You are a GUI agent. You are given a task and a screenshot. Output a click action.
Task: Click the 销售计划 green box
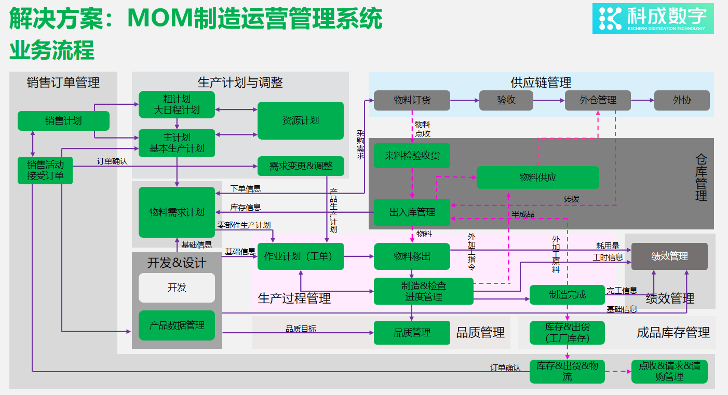click(63, 121)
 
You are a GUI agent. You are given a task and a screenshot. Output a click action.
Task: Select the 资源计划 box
click(301, 120)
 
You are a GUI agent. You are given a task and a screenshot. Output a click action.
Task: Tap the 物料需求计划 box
click(177, 212)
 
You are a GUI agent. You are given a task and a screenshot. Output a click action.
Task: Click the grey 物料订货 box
click(412, 100)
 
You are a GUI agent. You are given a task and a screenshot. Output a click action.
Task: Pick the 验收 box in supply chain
click(506, 100)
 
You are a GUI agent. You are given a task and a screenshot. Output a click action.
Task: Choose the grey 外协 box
click(681, 100)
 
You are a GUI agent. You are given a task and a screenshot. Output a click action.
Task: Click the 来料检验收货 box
click(412, 155)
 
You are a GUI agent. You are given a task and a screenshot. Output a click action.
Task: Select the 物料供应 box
click(537, 178)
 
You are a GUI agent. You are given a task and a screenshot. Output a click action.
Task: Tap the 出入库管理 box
click(412, 212)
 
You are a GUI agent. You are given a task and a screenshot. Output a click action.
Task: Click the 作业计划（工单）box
click(301, 256)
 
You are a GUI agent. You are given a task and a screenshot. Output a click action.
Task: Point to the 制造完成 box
click(567, 295)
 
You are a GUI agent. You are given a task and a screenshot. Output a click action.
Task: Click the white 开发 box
click(177, 288)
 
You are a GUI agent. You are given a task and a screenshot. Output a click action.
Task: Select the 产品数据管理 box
click(177, 325)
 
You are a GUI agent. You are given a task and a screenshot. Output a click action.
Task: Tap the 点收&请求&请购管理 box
click(669, 372)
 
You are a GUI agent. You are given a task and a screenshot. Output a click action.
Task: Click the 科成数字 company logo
click(653, 19)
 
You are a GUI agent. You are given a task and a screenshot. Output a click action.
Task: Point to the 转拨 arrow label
click(571, 199)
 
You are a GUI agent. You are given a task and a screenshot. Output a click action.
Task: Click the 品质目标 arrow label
click(301, 329)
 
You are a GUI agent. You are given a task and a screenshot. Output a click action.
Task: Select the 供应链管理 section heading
click(541, 82)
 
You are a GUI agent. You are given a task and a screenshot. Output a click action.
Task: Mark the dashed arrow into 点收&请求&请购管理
click(618, 372)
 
